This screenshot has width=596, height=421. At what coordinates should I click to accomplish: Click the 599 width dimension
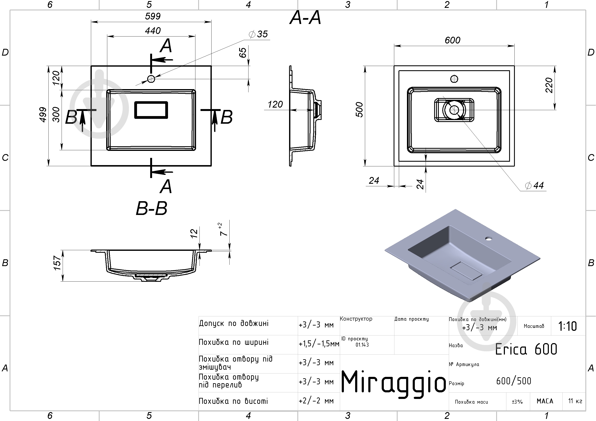click(153, 16)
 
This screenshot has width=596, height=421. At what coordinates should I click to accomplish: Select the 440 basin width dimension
click(153, 31)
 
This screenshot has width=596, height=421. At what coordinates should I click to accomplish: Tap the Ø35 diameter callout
click(258, 34)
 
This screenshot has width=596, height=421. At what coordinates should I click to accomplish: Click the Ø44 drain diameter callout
click(534, 185)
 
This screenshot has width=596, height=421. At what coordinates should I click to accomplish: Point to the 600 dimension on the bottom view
click(452, 40)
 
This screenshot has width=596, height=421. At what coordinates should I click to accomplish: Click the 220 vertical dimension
click(549, 85)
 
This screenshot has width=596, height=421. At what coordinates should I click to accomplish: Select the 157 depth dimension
click(57, 263)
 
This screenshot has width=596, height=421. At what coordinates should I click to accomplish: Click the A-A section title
click(305, 18)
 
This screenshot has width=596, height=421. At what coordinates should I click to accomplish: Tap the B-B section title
click(152, 209)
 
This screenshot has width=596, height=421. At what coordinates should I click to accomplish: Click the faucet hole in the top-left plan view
click(151, 79)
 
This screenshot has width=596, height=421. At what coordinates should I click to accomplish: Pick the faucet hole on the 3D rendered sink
click(489, 238)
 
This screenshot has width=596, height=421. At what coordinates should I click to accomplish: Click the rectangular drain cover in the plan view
click(151, 110)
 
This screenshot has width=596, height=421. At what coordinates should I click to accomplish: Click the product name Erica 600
click(526, 349)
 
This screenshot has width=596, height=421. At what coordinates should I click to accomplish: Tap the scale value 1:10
click(568, 326)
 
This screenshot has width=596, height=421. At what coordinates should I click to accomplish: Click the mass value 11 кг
click(575, 401)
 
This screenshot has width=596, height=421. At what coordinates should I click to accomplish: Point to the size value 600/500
click(513, 381)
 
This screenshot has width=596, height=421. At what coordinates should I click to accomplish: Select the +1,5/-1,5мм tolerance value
click(319, 344)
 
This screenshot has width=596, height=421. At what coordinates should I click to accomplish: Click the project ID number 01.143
click(362, 345)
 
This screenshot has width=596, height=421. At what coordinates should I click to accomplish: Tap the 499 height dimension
click(43, 114)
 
